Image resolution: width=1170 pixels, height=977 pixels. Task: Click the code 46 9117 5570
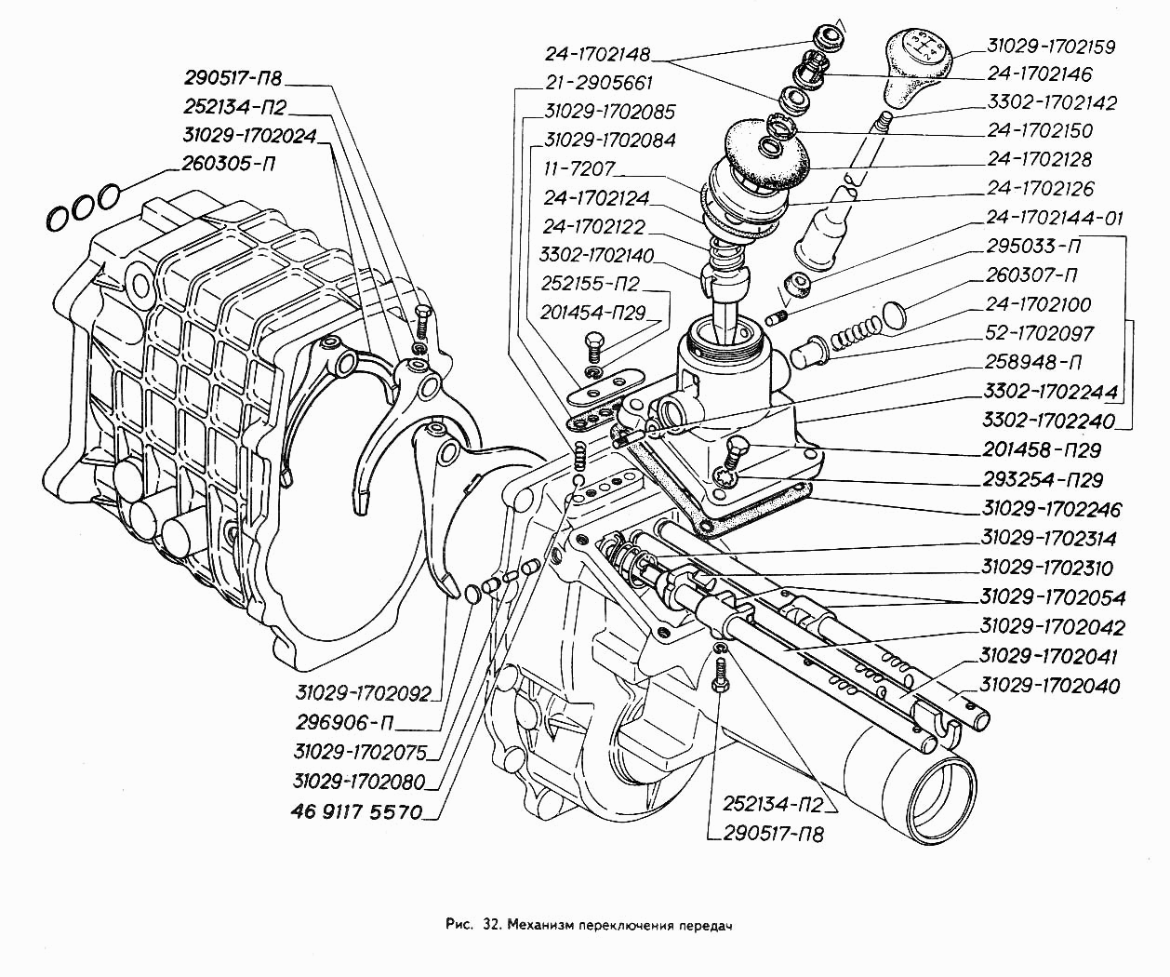tap(356, 811)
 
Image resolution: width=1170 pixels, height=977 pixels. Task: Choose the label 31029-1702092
tap(364, 693)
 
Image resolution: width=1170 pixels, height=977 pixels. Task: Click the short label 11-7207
tap(578, 169)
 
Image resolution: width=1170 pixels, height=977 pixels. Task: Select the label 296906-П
tap(345, 722)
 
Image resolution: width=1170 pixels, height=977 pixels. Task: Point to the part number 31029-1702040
tap(1050, 686)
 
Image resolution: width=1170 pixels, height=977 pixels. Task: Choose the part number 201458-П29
tap(1042, 450)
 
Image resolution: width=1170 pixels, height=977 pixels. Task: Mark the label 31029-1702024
tap(249, 136)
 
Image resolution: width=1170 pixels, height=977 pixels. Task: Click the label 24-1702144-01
tap(1055, 218)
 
